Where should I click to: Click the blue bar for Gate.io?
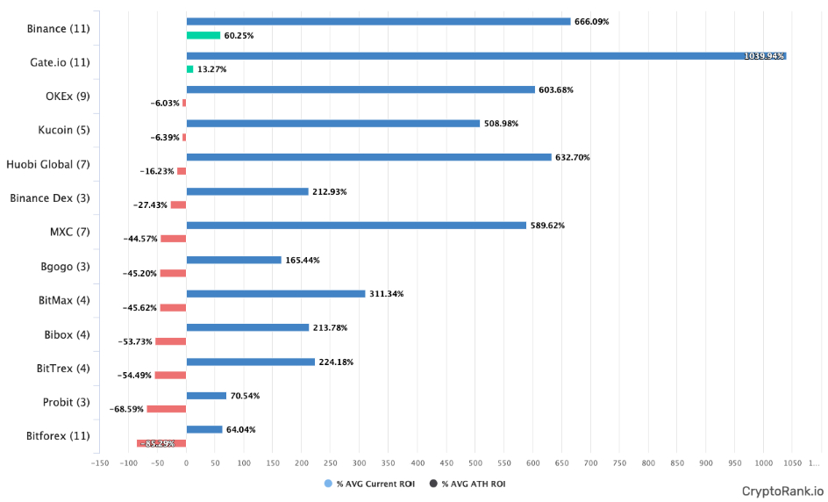coord(486,55)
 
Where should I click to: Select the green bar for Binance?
coord(203,35)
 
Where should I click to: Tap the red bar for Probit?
coord(167,409)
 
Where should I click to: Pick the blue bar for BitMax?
coord(275,294)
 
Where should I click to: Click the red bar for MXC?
coord(174,239)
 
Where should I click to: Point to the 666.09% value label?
coord(592,22)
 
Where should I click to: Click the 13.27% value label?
coord(211,69)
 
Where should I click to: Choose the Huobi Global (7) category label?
coord(52,164)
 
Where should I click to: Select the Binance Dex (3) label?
coord(50,198)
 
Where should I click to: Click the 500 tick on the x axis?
coord(475,462)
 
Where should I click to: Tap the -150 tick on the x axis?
coord(100,462)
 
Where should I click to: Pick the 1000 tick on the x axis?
coord(762,462)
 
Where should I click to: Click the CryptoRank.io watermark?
coord(782,491)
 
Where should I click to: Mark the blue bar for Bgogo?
coord(234,260)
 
